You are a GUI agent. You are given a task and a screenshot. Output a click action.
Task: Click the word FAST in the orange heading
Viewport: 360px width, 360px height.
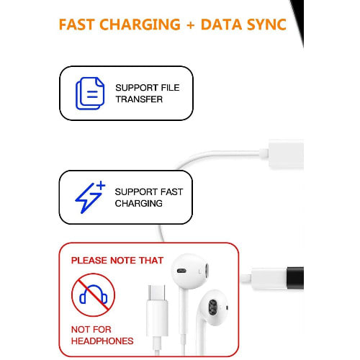click(x=77, y=24)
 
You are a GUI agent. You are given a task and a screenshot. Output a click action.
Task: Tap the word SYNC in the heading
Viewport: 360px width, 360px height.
click(x=266, y=24)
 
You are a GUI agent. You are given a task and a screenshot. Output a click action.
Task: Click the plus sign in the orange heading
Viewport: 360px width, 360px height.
click(x=191, y=25)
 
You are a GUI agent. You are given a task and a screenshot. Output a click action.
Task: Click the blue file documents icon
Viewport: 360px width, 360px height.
click(x=90, y=94)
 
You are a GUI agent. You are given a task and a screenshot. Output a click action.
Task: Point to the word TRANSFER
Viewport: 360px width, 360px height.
click(x=139, y=99)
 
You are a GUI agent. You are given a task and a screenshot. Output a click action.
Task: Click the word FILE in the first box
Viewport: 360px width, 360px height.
click(x=170, y=88)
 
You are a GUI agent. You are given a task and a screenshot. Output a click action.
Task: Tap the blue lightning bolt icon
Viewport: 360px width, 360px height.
click(x=89, y=198)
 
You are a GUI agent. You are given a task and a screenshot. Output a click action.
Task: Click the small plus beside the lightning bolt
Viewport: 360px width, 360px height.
click(x=101, y=185)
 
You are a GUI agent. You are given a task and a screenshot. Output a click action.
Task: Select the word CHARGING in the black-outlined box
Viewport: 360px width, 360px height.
click(x=139, y=204)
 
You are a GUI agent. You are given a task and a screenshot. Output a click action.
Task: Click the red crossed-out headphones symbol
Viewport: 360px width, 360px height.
click(x=94, y=294)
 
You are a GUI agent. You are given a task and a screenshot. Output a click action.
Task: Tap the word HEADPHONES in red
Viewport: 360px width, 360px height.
click(x=102, y=341)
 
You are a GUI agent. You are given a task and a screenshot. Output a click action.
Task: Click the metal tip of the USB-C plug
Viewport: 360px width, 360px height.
click(x=157, y=292)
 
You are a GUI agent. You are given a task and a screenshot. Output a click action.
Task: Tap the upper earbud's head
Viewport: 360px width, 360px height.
click(x=190, y=271)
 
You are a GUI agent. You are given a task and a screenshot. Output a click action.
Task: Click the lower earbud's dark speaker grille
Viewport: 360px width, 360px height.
click(x=212, y=307)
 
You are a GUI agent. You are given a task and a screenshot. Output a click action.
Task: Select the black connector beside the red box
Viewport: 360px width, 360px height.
click(x=295, y=278)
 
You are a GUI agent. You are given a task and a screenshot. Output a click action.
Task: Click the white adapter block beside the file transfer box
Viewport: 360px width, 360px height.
click(x=286, y=153)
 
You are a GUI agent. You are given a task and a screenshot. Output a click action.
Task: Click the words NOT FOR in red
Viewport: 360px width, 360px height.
click(x=91, y=330)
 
